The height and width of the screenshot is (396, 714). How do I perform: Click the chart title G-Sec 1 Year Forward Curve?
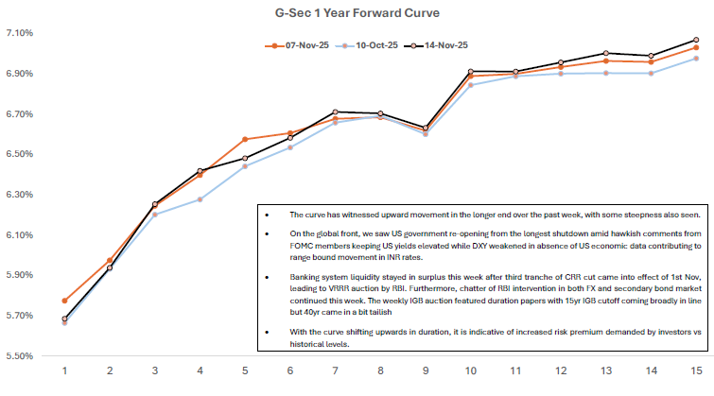(357, 13)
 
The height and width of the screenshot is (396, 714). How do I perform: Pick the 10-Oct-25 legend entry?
(365, 44)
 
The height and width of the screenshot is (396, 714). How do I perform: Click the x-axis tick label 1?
(64, 370)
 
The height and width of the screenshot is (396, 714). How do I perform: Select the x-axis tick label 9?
(426, 370)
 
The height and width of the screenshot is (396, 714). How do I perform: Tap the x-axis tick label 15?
(696, 370)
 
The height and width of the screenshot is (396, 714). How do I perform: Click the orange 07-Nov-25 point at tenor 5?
(245, 139)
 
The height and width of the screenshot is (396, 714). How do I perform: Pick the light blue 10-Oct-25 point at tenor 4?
(200, 199)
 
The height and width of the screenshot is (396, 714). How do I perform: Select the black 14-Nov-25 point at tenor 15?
(696, 40)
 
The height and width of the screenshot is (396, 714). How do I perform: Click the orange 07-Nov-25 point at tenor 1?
(64, 301)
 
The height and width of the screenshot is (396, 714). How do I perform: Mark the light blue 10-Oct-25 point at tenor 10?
(471, 85)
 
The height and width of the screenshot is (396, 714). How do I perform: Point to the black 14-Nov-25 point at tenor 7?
(335, 112)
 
